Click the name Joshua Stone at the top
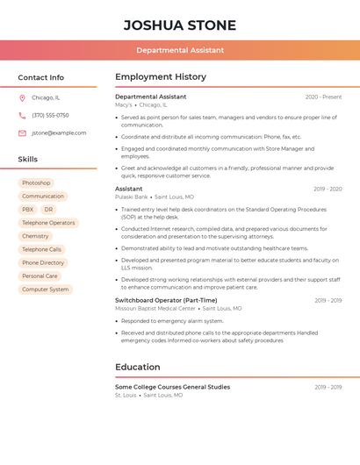pyautogui.click(x=179, y=24)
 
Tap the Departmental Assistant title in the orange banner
pyautogui.click(x=179, y=50)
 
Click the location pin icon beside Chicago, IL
pyautogui.click(x=22, y=98)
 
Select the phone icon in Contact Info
pyautogui.click(x=22, y=116)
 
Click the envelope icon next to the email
pyautogui.click(x=22, y=133)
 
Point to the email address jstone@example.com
pyautogui.click(x=59, y=133)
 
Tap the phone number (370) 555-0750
pyautogui.click(x=50, y=116)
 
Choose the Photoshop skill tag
pyautogui.click(x=36, y=183)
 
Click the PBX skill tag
pyautogui.click(x=28, y=210)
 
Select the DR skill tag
pyautogui.click(x=48, y=210)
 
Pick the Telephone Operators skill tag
pyautogui.click(x=48, y=223)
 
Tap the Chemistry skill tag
pyautogui.click(x=35, y=236)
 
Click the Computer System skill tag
pyautogui.click(x=45, y=289)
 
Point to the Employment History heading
pyautogui.click(x=161, y=77)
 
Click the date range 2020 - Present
pyautogui.click(x=323, y=97)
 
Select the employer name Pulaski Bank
pyautogui.click(x=132, y=197)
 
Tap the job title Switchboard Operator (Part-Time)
pyautogui.click(x=166, y=300)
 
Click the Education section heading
pyautogui.click(x=138, y=367)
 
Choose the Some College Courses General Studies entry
pyautogui.click(x=172, y=387)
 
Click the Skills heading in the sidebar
pyautogui.click(x=28, y=160)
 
